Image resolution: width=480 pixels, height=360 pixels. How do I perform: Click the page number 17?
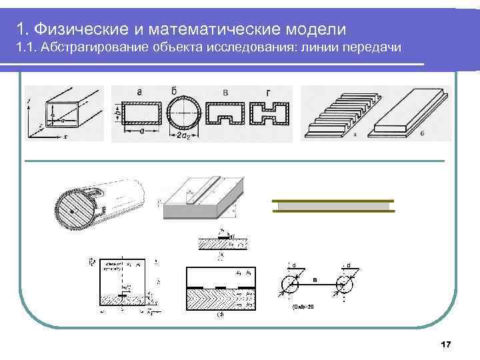(446, 344)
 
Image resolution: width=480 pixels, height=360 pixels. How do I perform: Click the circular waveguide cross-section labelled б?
(182, 113)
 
